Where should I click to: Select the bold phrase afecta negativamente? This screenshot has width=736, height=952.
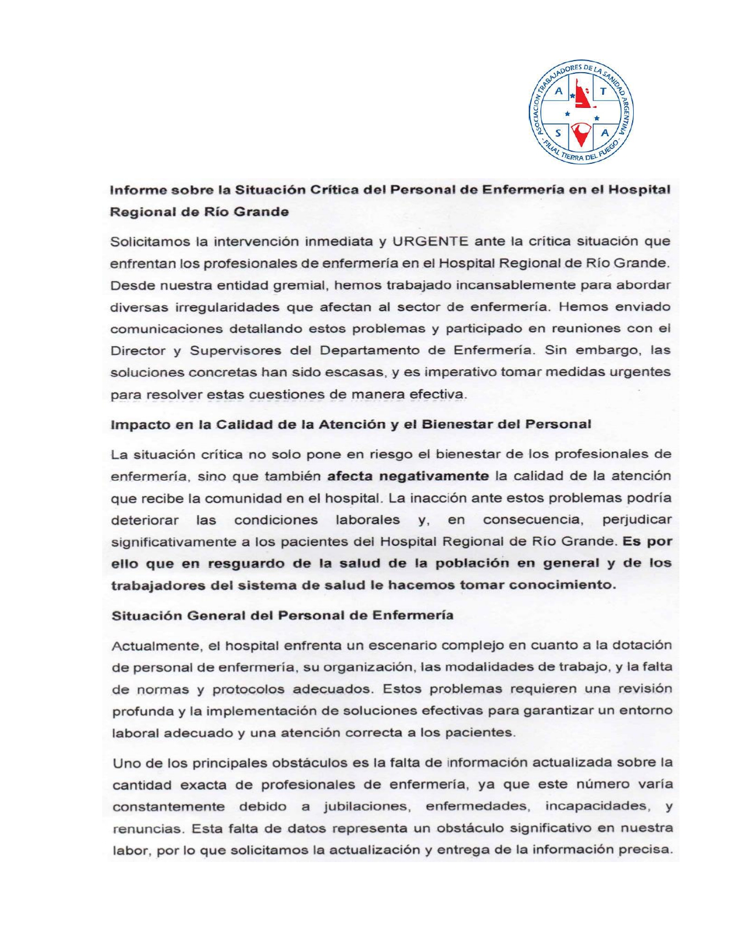(408, 477)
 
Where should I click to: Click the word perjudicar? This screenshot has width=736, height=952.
(637, 520)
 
